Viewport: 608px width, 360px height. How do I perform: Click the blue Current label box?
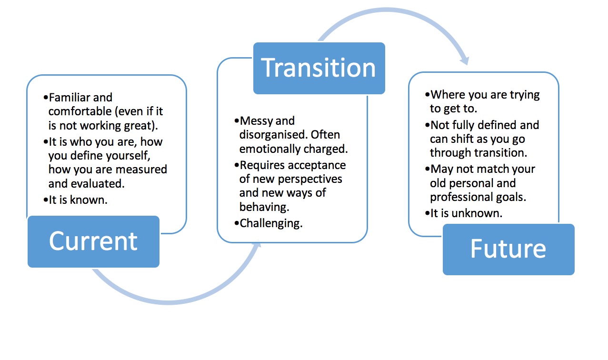(93, 241)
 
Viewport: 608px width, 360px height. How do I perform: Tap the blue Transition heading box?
(319, 68)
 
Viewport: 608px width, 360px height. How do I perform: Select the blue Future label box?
(508, 249)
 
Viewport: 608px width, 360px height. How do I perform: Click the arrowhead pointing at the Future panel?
(464, 60)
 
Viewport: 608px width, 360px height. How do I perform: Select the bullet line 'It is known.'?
(78, 200)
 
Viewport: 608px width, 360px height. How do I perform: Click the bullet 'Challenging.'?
(271, 223)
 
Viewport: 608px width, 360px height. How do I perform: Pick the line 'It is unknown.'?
(466, 213)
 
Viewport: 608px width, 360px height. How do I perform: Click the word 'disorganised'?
(271, 135)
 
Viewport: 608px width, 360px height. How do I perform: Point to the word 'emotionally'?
(270, 149)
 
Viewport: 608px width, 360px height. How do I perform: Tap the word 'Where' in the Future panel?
(449, 95)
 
